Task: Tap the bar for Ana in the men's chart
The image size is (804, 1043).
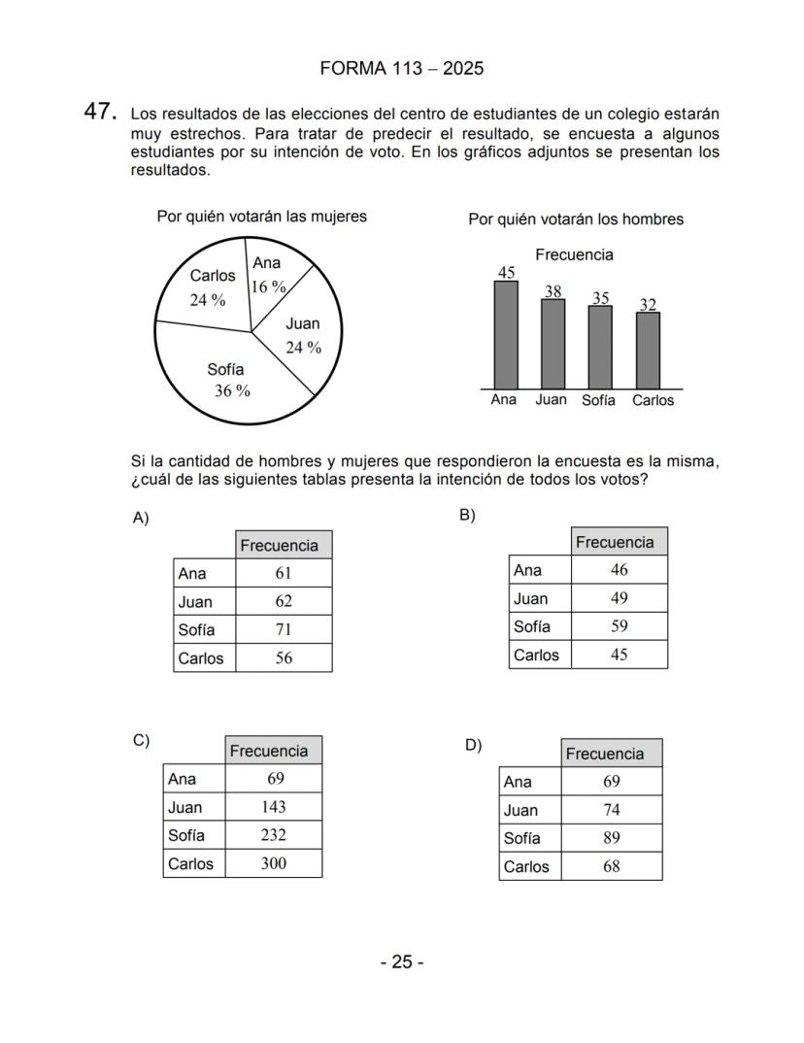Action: click(506, 335)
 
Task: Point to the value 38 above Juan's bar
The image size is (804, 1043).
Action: click(553, 291)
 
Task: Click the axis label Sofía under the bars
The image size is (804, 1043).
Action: click(598, 400)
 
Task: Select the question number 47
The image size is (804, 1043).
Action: click(100, 112)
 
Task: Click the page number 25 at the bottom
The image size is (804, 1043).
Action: click(401, 962)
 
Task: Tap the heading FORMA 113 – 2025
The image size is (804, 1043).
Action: click(401, 69)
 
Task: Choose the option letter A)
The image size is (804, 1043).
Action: click(141, 518)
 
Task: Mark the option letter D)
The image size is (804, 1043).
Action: click(473, 745)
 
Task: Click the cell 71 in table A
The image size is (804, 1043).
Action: click(283, 629)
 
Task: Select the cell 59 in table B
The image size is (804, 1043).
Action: click(619, 626)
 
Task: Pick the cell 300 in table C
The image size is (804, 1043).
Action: click(273, 863)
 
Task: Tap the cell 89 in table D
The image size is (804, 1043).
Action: click(611, 838)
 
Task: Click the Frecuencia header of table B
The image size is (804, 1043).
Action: click(619, 542)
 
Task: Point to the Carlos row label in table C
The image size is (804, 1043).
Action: click(190, 863)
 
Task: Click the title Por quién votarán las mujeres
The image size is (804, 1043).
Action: click(261, 217)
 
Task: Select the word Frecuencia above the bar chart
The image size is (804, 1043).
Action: click(574, 254)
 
